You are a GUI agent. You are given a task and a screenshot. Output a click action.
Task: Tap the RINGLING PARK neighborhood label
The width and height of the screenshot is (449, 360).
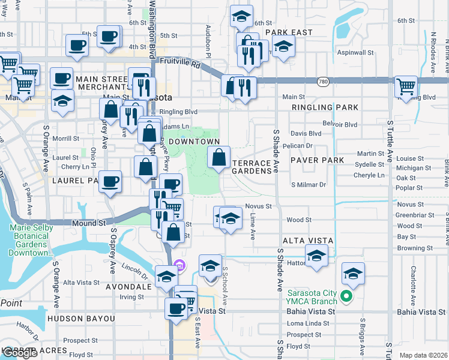pyautogui.click(x=325, y=107)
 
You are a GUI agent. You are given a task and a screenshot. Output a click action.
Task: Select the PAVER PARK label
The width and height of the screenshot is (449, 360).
pyautogui.click(x=317, y=160)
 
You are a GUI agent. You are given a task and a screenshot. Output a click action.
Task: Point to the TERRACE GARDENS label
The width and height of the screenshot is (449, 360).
pyautogui.click(x=252, y=167)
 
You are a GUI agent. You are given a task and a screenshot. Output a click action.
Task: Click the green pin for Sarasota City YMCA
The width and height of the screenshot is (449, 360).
pyautogui.click(x=346, y=296)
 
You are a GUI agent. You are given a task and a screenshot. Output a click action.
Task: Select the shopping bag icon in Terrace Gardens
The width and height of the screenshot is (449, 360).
pyautogui.click(x=219, y=157)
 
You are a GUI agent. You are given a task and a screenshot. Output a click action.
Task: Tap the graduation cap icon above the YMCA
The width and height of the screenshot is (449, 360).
pyautogui.click(x=354, y=274)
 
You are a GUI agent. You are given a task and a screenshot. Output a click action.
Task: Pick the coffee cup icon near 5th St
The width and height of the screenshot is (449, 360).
pyautogui.click(x=109, y=37)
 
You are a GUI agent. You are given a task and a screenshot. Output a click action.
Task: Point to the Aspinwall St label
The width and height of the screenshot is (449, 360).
pyautogui.click(x=356, y=53)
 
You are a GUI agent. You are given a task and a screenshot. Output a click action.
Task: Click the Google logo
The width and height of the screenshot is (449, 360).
pyautogui.click(x=20, y=353)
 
